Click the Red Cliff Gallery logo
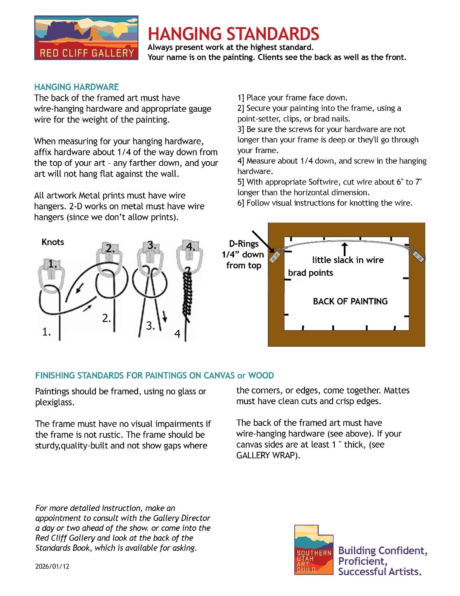pos(86,38)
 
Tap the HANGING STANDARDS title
pos(233,34)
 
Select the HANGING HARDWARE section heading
pos(76,87)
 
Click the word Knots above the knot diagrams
pos(53,242)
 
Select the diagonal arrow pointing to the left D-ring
pos(263,242)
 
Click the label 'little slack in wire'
pos(348,260)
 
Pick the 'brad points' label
pos(310,273)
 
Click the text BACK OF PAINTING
pos(350,301)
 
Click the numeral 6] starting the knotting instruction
pos(241,203)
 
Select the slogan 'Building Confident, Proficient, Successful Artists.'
pos(382,561)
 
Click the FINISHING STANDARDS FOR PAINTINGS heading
pos(154,376)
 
